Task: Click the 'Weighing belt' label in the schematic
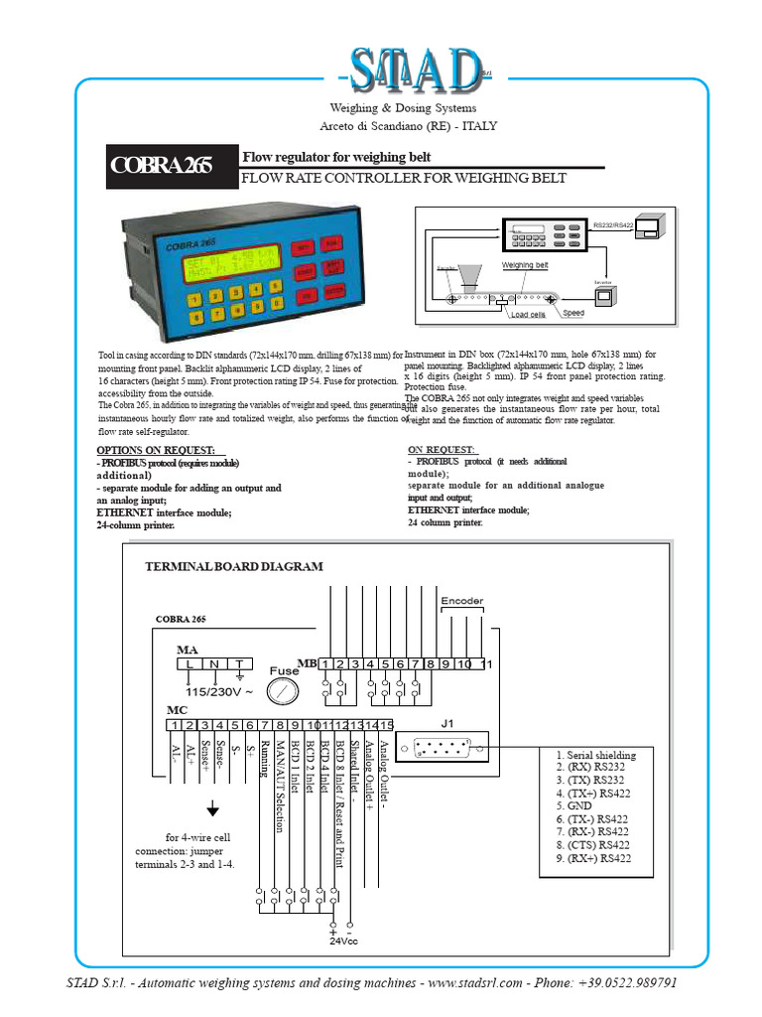point(525,265)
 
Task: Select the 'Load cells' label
point(528,315)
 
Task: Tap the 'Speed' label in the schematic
point(574,313)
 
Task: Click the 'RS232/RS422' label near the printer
point(612,226)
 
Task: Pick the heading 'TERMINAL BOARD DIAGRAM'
point(234,566)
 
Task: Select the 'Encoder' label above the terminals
point(461,601)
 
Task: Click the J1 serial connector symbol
point(443,746)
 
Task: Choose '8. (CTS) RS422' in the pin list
point(593,845)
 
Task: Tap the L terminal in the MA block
point(188,663)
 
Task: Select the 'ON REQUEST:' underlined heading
point(442,450)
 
